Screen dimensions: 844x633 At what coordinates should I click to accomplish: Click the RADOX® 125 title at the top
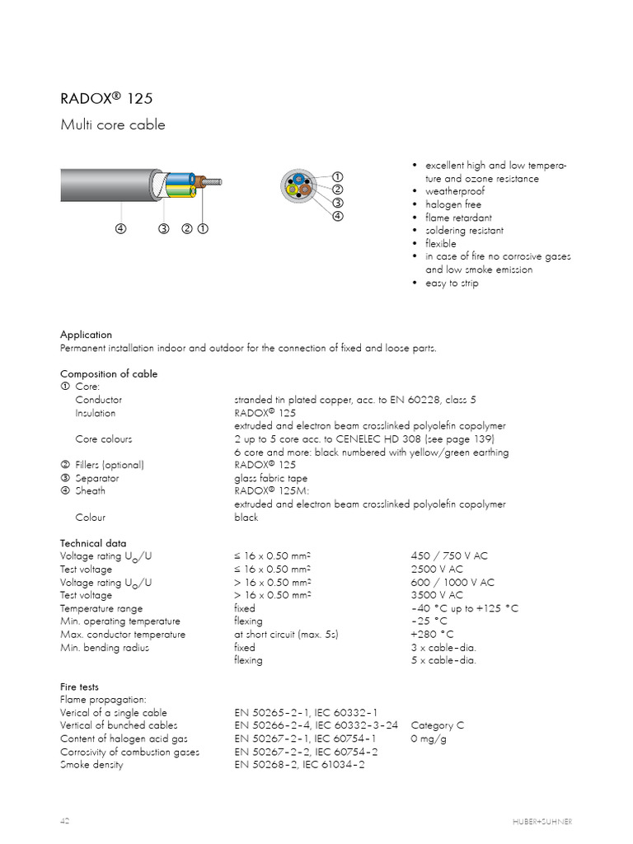pyautogui.click(x=106, y=99)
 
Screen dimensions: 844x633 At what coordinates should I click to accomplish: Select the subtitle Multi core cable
pyautogui.click(x=113, y=125)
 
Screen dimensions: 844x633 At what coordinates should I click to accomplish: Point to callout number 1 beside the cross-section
pyautogui.click(x=337, y=177)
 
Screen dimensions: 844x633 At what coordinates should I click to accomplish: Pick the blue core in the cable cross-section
pyautogui.click(x=298, y=179)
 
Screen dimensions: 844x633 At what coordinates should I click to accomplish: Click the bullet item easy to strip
pyautogui.click(x=451, y=283)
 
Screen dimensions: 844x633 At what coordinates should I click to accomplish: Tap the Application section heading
pyautogui.click(x=86, y=335)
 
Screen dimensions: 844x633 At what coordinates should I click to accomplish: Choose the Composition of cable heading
pyautogui.click(x=109, y=373)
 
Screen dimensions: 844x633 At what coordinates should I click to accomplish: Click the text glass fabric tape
pyautogui.click(x=270, y=478)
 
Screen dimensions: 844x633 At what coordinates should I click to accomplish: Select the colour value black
pyautogui.click(x=246, y=518)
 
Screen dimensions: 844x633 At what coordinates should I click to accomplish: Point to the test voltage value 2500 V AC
pyautogui.click(x=437, y=570)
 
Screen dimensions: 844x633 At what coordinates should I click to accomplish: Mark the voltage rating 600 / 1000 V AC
pyautogui.click(x=452, y=582)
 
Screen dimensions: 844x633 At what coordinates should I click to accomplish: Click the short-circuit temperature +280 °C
pyautogui.click(x=432, y=635)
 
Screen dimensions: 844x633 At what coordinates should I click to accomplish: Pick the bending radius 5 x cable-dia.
pyautogui.click(x=443, y=660)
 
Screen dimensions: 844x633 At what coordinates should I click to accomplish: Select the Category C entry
pyautogui.click(x=437, y=725)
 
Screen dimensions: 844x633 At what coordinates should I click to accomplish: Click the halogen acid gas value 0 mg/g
pyautogui.click(x=429, y=738)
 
